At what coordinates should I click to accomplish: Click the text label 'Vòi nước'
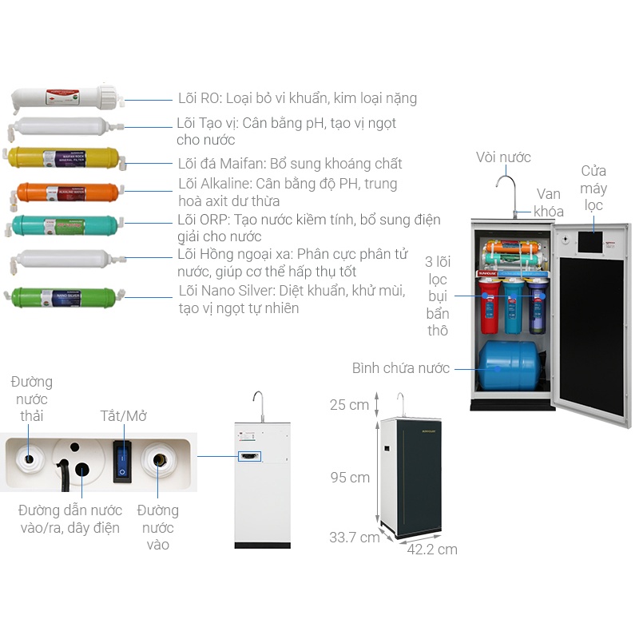[x=503, y=157]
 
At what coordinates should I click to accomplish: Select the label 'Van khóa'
[x=549, y=203]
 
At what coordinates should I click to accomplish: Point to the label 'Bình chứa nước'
[x=401, y=368]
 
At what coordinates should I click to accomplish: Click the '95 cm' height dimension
[x=350, y=478]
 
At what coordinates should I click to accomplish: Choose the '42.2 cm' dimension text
[x=432, y=550]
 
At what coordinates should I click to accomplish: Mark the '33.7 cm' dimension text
[x=354, y=538]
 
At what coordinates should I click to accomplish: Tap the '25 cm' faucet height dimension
[x=349, y=405]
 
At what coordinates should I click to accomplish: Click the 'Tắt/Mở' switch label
[x=123, y=416]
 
